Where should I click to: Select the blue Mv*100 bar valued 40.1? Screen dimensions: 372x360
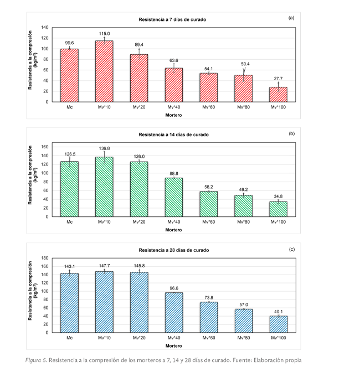click(x=278, y=324)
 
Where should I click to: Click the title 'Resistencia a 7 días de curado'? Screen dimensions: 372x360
click(x=173, y=19)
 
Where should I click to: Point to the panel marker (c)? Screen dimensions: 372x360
click(x=291, y=249)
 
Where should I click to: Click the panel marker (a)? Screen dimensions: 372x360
click(x=291, y=18)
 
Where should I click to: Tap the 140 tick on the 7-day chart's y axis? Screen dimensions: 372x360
click(x=45, y=27)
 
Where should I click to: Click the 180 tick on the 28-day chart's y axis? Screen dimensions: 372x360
click(x=45, y=258)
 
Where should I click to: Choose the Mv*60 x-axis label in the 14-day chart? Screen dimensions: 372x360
click(x=208, y=222)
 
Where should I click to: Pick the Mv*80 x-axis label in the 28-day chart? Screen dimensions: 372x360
click(x=243, y=338)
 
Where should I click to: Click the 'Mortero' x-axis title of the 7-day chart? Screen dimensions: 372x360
click(x=174, y=115)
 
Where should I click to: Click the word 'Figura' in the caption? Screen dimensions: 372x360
click(x=36, y=360)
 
